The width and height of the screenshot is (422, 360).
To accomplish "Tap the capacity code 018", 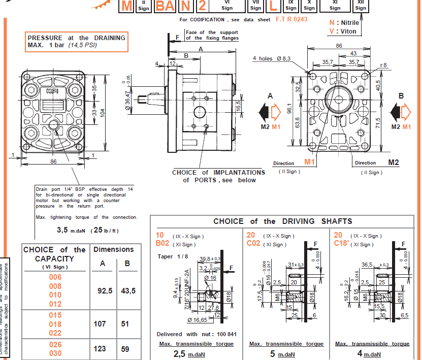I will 55,324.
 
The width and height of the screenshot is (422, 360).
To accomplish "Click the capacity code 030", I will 55,353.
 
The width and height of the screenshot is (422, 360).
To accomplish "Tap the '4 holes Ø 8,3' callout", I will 272,58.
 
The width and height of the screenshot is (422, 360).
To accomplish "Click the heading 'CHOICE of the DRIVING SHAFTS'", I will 282,221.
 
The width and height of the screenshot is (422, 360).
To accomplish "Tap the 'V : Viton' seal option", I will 343,31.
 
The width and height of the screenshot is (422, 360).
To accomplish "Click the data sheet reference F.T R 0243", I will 291,19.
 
